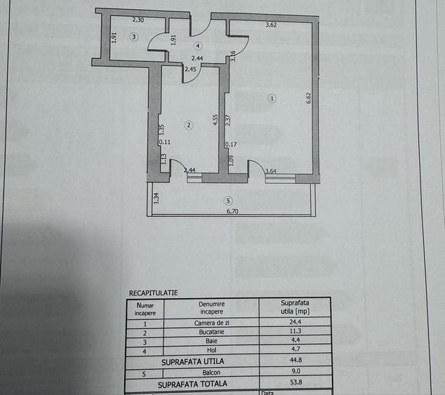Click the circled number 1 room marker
(x=272, y=98)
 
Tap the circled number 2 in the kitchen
(x=189, y=125)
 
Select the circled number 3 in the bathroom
(x=134, y=36)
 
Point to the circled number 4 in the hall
(x=198, y=46)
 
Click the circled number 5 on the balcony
(x=228, y=201)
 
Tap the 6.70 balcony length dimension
(x=232, y=211)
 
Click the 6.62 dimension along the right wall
(x=309, y=98)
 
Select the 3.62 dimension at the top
(x=271, y=25)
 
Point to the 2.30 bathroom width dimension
(x=138, y=20)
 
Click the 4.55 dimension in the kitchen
(x=215, y=119)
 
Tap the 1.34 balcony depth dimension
(x=156, y=198)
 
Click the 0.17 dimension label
(x=231, y=145)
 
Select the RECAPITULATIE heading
(x=153, y=293)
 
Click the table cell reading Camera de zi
(x=212, y=323)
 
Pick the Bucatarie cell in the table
(x=211, y=332)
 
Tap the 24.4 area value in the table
(x=295, y=322)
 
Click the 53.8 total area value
(x=296, y=382)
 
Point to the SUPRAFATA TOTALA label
(x=192, y=384)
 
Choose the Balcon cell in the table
(x=211, y=373)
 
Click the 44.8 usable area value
(x=295, y=360)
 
